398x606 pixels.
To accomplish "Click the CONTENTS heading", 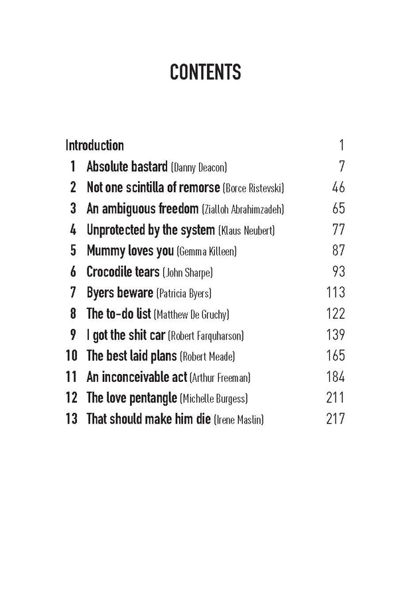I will coord(205,73).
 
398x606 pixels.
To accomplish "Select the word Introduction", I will coord(95,145).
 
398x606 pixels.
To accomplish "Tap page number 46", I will coord(338,188).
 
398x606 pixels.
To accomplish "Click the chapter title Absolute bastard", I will coord(127,166).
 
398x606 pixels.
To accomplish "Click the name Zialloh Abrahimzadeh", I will coord(241,210).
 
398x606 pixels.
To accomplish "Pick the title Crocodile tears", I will coord(123,272).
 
